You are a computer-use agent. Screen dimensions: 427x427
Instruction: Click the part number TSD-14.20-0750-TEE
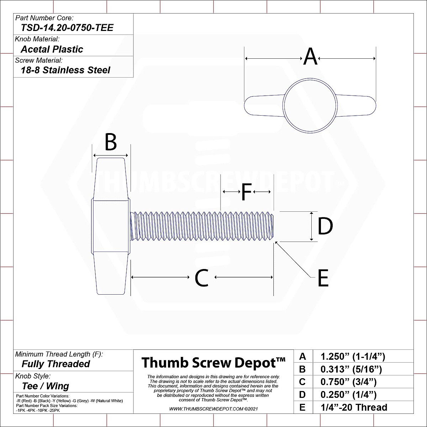67,28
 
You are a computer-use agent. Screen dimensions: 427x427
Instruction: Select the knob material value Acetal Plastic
52,49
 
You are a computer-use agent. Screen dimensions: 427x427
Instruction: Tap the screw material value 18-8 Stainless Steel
65,70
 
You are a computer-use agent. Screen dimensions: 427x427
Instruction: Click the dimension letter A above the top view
310,57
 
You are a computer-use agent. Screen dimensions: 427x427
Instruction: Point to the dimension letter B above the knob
111,142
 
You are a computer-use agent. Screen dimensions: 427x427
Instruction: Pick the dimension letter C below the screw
201,278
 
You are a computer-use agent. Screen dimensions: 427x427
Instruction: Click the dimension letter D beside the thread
325,226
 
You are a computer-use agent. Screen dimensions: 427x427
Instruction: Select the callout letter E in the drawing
323,278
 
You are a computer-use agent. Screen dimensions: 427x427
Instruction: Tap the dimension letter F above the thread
246,192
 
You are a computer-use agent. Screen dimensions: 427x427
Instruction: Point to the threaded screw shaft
203,226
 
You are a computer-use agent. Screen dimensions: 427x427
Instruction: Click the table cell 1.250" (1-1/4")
353,357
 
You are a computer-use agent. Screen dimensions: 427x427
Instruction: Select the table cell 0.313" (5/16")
351,369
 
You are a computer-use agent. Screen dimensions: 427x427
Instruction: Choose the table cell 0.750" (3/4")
348,382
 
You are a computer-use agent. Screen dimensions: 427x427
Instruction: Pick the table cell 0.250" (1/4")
348,395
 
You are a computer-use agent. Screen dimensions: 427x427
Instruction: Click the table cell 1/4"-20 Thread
354,407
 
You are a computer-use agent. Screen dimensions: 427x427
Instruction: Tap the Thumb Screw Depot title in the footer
213,363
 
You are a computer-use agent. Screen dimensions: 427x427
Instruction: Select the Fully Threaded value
56,364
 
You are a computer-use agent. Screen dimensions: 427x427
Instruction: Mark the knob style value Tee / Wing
46,386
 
